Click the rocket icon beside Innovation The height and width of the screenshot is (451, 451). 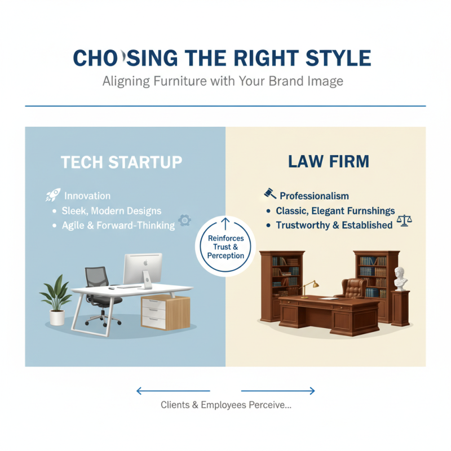[53, 196]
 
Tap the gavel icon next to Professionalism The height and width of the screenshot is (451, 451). [270, 194]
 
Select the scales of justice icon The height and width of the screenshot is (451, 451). [404, 220]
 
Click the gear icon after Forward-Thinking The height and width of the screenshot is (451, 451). [183, 220]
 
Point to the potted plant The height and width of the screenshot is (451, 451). [56, 302]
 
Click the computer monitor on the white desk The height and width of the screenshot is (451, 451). [142, 268]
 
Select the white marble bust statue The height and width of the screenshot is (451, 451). [401, 277]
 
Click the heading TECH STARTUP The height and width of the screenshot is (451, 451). [121, 162]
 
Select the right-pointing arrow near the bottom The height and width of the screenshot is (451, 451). [278, 390]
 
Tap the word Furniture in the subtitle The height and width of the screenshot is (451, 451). [180, 81]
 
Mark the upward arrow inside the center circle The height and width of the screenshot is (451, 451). [225, 223]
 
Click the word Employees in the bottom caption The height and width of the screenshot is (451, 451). [233, 405]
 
